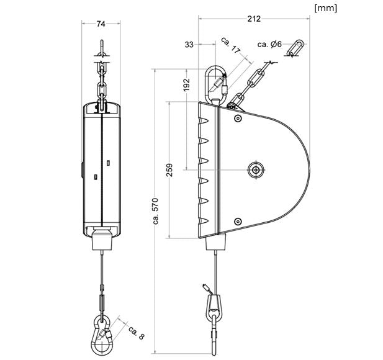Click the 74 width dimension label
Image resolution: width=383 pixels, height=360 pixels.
101,24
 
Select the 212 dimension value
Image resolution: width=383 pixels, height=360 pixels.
254,19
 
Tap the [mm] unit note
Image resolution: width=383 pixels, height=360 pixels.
326,8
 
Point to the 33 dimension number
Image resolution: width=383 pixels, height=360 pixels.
189,45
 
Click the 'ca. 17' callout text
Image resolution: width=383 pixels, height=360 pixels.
230,45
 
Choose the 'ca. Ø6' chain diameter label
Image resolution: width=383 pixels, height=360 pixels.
269,44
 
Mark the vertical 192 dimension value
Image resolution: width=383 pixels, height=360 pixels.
187,84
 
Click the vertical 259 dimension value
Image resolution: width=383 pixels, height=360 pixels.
169,170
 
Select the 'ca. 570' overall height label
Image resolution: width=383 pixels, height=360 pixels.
156,211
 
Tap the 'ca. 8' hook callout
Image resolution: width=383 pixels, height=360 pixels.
137,333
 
